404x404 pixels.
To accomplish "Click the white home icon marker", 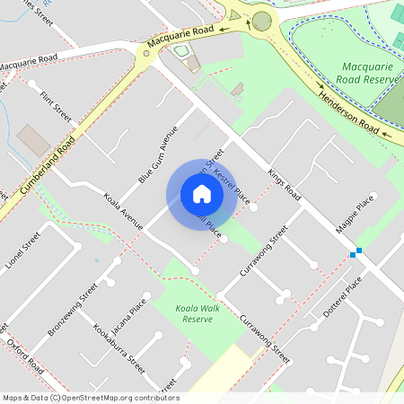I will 202,194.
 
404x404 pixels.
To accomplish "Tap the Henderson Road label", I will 347,113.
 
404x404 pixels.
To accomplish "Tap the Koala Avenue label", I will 121,212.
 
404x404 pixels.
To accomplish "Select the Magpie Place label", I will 354,218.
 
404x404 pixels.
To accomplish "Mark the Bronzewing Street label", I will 73,309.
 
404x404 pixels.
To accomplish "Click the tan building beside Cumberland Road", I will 34,140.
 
